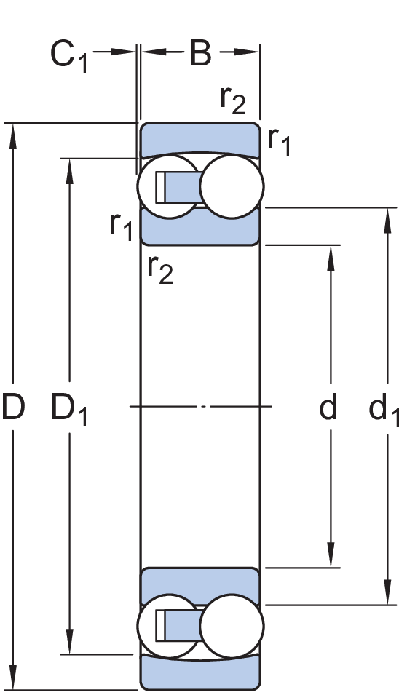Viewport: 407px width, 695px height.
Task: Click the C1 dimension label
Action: coord(68,56)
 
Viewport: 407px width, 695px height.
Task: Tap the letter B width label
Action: coord(200,53)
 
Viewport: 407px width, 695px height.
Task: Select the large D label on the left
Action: coord(13,407)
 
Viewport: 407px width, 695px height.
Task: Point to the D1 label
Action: coord(69,409)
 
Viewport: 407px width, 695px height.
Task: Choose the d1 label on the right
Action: coord(384,410)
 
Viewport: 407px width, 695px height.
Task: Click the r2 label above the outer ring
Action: coord(233,100)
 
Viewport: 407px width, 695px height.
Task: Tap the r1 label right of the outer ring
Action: coord(279,141)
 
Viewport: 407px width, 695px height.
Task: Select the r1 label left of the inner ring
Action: coord(121,226)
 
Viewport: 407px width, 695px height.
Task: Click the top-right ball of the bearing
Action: coord(232,186)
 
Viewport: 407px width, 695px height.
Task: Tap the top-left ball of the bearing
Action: coord(167,186)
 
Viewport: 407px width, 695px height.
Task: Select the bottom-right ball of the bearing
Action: coord(232,626)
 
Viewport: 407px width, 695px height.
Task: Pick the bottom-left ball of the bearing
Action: coord(167,626)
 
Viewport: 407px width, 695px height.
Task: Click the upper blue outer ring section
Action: coord(200,139)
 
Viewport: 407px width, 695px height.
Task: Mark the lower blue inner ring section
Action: coord(200,586)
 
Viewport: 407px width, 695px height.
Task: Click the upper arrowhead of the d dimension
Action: coord(331,258)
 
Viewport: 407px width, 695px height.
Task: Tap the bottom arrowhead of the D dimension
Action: coord(13,678)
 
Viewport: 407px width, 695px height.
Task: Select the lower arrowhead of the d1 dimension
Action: coord(388,592)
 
